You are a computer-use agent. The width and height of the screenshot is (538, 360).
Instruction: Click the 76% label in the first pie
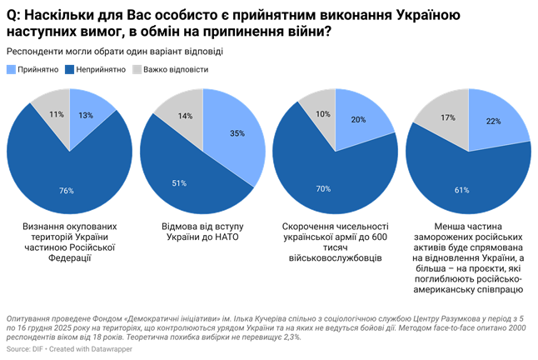point(66,190)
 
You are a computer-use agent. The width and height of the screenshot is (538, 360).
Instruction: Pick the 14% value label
point(184,116)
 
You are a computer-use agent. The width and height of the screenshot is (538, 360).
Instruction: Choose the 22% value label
point(492,122)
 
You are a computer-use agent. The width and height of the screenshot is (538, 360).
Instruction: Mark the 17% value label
point(447,117)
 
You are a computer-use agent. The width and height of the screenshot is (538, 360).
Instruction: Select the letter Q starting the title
point(12,14)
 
